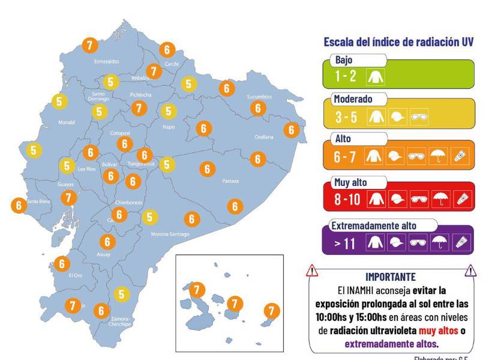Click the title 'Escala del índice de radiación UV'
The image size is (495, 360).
399,42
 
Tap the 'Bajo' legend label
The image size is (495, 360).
344,60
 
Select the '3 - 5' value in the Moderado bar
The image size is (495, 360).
346,117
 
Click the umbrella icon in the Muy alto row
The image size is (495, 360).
440,199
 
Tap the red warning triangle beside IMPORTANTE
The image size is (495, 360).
312,272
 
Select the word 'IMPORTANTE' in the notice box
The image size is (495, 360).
390,277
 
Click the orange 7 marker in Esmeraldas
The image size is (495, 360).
90,45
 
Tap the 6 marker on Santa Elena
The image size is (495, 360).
18,205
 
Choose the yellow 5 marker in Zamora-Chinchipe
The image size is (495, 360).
122,294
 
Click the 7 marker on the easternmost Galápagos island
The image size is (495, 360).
272,311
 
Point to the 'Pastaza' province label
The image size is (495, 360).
230,181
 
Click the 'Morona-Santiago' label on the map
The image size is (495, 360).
170,234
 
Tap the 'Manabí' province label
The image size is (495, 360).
66,122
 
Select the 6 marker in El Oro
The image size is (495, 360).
62,263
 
